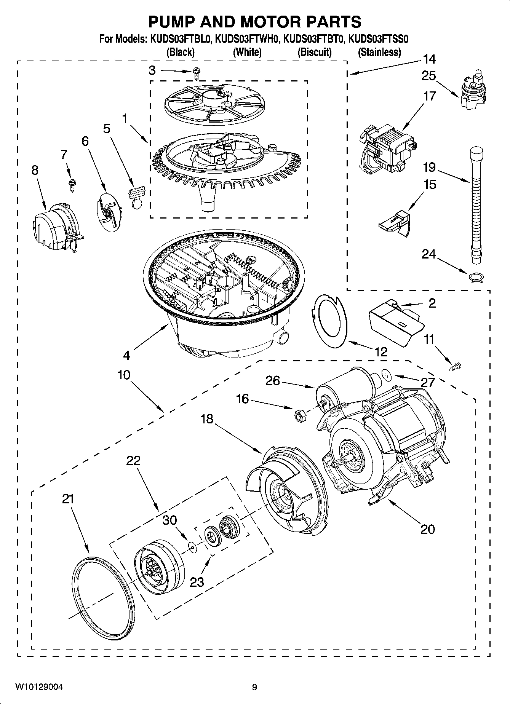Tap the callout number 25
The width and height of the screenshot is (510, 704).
coord(428,76)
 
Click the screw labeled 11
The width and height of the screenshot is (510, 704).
coord(455,367)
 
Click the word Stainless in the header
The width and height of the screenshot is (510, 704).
coord(379,52)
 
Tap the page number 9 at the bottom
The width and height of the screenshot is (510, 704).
coord(254,687)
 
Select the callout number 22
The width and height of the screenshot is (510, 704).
coord(133,461)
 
